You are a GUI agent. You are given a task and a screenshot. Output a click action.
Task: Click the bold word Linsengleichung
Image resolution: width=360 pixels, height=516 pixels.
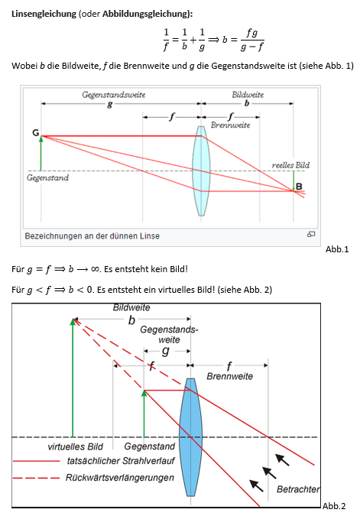pyautogui.click(x=43, y=15)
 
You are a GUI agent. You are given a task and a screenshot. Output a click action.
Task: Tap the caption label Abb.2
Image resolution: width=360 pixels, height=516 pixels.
pyautogui.click(x=334, y=506)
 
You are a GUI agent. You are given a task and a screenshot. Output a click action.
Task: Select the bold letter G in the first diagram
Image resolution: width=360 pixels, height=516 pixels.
pyautogui.click(x=35, y=133)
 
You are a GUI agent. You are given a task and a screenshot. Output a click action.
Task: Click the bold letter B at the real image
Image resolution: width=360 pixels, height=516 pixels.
pyautogui.click(x=299, y=187)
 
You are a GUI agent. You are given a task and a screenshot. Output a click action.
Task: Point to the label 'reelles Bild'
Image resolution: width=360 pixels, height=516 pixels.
pyautogui.click(x=290, y=164)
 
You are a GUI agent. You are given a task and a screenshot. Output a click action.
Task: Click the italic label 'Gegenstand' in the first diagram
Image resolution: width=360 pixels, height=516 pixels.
pyautogui.click(x=47, y=178)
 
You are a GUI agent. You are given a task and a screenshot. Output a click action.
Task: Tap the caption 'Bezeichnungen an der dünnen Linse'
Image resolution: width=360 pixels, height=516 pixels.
pyautogui.click(x=92, y=235)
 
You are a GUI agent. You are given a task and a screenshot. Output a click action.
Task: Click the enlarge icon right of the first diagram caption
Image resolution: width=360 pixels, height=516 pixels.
pyautogui.click(x=311, y=235)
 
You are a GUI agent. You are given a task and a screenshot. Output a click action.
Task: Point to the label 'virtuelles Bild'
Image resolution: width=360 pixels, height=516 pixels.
pyautogui.click(x=75, y=446)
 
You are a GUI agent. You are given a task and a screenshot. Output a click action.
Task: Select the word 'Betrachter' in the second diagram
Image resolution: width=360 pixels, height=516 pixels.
pyautogui.click(x=298, y=488)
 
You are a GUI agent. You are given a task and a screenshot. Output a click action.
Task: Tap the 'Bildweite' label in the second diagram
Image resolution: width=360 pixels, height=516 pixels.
pyautogui.click(x=131, y=307)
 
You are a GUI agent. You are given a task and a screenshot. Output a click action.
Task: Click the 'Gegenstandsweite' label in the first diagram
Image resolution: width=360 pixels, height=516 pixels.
pyautogui.click(x=114, y=95)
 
